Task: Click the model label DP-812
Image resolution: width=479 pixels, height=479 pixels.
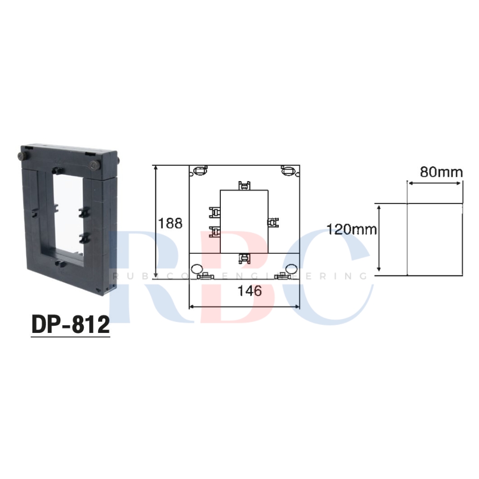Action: [70, 324]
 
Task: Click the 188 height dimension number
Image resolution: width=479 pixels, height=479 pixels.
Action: [171, 223]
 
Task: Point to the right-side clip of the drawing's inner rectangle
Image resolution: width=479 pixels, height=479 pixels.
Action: [273, 222]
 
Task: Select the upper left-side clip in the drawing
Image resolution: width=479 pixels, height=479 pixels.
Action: [215, 212]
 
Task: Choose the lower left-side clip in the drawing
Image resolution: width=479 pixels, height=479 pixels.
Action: [215, 232]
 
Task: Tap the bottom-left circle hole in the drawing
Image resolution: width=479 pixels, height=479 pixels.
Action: [195, 268]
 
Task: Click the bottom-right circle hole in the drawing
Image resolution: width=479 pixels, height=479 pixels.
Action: [292, 268]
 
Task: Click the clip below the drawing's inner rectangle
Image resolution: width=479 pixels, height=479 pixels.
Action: [244, 259]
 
